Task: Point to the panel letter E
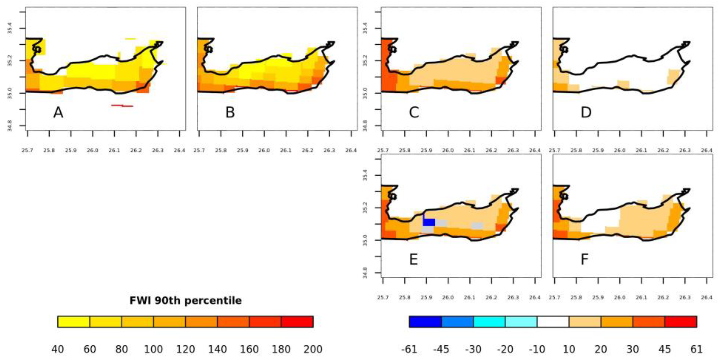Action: [x=413, y=260]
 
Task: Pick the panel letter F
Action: [x=584, y=260]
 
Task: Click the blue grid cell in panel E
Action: [x=429, y=222]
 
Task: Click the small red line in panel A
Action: [x=122, y=105]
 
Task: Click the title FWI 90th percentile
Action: [x=186, y=301]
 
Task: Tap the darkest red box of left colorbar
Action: [x=297, y=322]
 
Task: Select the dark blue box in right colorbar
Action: [x=425, y=322]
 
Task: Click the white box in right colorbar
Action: [x=553, y=322]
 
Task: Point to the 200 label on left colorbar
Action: [x=313, y=349]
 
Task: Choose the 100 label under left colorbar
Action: [x=153, y=349]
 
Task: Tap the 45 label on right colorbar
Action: [x=664, y=349]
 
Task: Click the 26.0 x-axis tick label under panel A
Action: [x=92, y=150]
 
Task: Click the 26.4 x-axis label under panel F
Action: [x=706, y=297]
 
